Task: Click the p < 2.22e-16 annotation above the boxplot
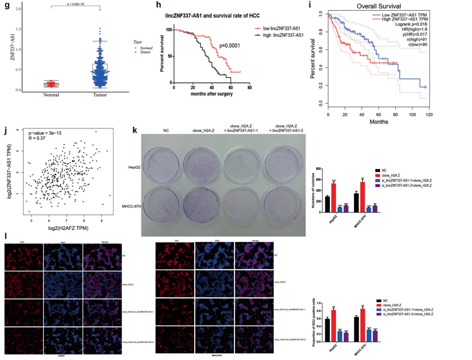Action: (x=69, y=4)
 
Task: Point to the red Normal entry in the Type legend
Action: (x=144, y=47)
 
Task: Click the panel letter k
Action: (x=135, y=130)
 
